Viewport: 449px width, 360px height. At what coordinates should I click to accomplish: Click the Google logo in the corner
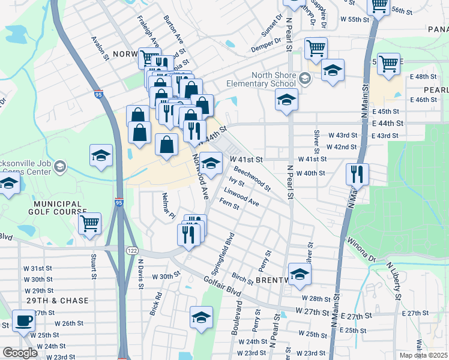click(x=20, y=353)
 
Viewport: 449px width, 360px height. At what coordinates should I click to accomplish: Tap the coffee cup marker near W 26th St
click(x=23, y=320)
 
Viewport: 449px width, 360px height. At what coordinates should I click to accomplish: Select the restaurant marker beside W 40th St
click(x=357, y=175)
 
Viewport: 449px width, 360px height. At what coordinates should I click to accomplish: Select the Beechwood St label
click(x=252, y=178)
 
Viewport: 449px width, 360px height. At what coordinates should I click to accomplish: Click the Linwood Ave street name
click(x=241, y=197)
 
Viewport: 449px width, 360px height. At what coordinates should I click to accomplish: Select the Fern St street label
click(x=231, y=205)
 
